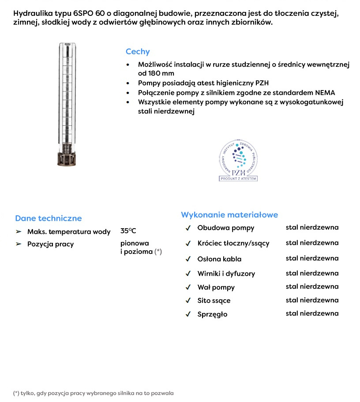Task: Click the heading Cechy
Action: pyautogui.click(x=138, y=52)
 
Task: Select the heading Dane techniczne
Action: pyautogui.click(x=48, y=218)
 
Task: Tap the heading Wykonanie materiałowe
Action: pyautogui.click(x=229, y=215)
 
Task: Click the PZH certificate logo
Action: pyautogui.click(x=238, y=162)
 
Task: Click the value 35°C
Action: pyautogui.click(x=128, y=231)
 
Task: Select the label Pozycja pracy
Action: pyautogui.click(x=50, y=244)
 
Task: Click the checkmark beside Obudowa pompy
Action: pyautogui.click(x=188, y=228)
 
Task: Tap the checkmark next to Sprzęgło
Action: pyautogui.click(x=188, y=315)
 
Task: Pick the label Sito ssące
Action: pyautogui.click(x=214, y=301)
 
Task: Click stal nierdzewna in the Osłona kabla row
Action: pyautogui.click(x=312, y=258)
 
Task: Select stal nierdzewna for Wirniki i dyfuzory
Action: pyautogui.click(x=312, y=273)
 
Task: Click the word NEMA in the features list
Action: pyautogui.click(x=326, y=93)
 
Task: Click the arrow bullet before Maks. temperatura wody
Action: pyautogui.click(x=19, y=232)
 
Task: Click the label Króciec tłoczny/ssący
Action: pyautogui.click(x=233, y=243)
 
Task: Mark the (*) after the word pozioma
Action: pyautogui.click(x=158, y=252)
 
